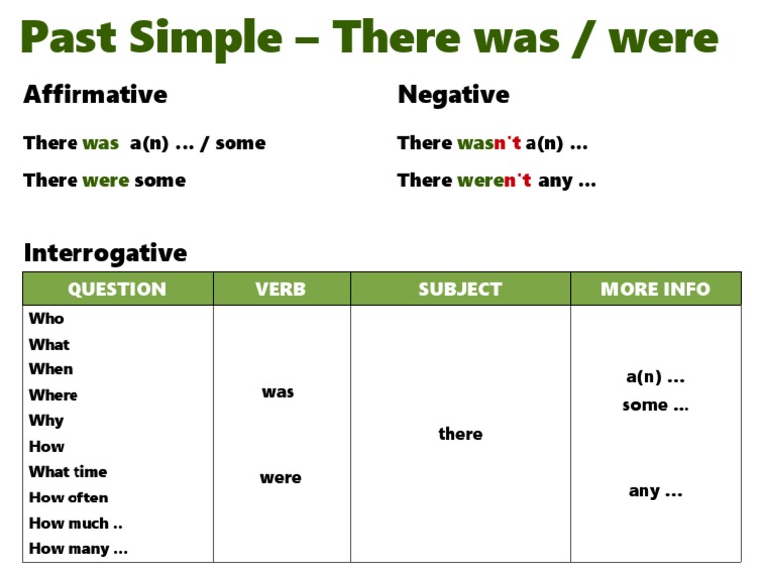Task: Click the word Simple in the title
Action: (206, 39)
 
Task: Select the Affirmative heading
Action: (95, 94)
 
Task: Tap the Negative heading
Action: (453, 95)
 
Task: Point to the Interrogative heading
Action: (105, 253)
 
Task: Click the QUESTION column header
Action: (117, 289)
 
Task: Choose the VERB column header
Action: (281, 289)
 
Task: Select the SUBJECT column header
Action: (460, 289)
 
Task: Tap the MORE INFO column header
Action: (656, 289)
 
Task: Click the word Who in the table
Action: (47, 318)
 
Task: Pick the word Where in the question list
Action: (53, 395)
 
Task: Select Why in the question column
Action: (47, 421)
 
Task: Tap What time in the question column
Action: (69, 472)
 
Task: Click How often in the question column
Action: (69, 498)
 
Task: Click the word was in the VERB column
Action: (278, 392)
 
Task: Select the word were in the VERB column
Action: (281, 478)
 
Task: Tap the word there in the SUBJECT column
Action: (460, 433)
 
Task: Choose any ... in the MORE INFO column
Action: (656, 491)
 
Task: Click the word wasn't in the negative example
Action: (489, 143)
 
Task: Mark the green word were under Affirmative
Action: (106, 181)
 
